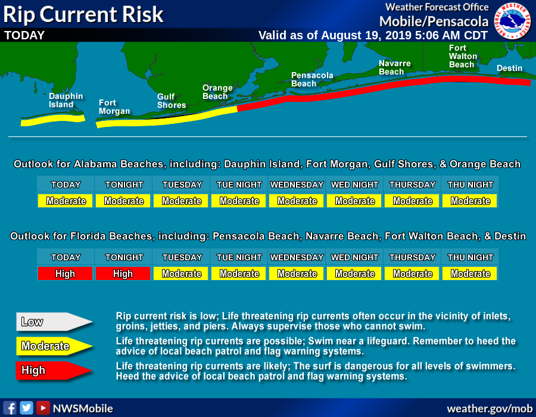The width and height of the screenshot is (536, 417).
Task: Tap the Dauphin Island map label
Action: [66, 100]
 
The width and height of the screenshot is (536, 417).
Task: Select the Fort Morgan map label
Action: [114, 107]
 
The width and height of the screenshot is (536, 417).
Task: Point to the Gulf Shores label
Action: [171, 101]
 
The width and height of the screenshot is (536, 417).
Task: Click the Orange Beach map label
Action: [217, 92]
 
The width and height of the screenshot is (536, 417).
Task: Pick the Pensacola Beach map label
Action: [311, 79]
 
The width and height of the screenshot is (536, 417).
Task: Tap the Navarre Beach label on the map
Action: [394, 67]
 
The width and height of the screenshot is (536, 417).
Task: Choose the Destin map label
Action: [509, 69]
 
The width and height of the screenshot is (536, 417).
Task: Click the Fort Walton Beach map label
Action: [462, 56]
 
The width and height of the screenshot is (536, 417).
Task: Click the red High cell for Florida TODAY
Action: [66, 273]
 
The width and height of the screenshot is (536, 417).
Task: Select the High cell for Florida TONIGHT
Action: [123, 273]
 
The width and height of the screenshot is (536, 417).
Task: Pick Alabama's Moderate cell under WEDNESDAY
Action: [297, 201]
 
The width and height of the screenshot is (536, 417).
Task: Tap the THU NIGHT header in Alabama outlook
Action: [470, 185]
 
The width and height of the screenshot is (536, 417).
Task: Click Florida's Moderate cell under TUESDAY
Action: [181, 273]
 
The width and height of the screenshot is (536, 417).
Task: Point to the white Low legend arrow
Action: [54, 322]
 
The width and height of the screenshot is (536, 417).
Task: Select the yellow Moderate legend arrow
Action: [54, 346]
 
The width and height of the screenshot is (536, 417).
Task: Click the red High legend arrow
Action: [54, 371]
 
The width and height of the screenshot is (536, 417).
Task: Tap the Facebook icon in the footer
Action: [10, 408]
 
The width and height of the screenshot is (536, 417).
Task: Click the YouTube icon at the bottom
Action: [43, 408]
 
